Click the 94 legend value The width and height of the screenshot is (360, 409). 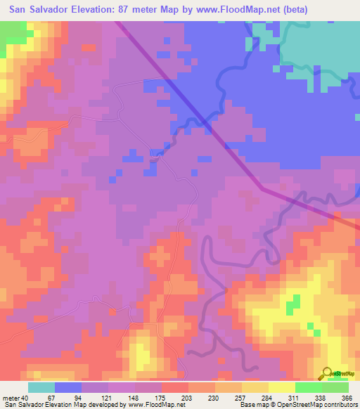(88, 398)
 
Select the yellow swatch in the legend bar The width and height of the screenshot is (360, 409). (281, 387)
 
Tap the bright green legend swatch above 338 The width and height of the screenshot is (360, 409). (308, 387)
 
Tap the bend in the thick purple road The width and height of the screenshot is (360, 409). (262, 188)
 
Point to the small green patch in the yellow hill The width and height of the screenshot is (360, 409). (292, 305)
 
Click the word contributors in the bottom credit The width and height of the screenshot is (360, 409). (338, 405)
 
